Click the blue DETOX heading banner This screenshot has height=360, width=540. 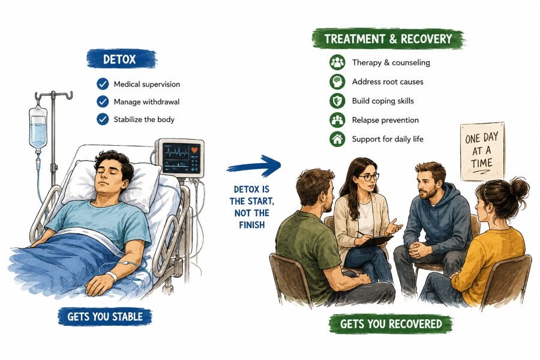pyautogui.click(x=121, y=59)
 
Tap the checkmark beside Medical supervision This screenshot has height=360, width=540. pyautogui.click(x=103, y=84)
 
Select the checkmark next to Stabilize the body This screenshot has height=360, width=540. pyautogui.click(x=103, y=119)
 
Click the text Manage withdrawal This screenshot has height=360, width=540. pyautogui.click(x=146, y=101)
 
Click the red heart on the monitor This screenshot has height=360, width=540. pyautogui.click(x=194, y=150)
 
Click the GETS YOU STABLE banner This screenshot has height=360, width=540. pyautogui.click(x=105, y=317)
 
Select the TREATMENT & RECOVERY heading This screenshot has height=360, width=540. pyautogui.click(x=388, y=38)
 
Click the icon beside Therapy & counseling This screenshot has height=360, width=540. pyautogui.click(x=337, y=62)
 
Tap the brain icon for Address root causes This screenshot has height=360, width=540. pyautogui.click(x=337, y=82)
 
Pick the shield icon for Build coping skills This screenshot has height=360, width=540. pyautogui.click(x=337, y=101)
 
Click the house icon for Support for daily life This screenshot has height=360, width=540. pyautogui.click(x=337, y=139)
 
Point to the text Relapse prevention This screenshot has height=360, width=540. pyautogui.click(x=385, y=120)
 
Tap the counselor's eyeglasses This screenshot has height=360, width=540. pyautogui.click(x=368, y=177)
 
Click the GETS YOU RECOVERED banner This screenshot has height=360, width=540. pyautogui.click(x=391, y=324)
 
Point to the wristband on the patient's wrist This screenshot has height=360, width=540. pyautogui.click(x=112, y=275)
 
